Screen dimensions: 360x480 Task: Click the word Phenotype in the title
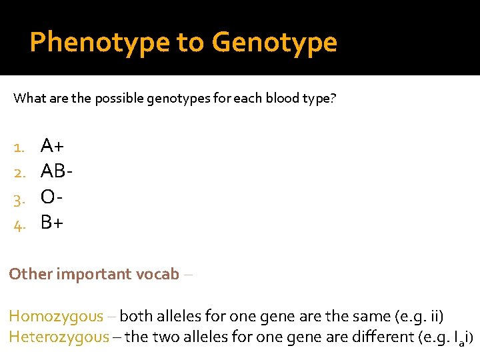pos(100,43)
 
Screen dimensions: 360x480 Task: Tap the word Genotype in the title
pos(275,43)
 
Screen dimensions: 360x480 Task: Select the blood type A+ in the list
pos(53,145)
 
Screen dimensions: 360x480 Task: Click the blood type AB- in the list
pos(57,171)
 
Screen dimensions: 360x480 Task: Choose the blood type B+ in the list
pos(52,222)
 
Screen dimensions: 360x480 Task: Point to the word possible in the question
pos(116,99)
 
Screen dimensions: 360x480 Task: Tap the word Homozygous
pos(56,317)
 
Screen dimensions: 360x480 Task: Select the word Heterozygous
pos(59,337)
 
